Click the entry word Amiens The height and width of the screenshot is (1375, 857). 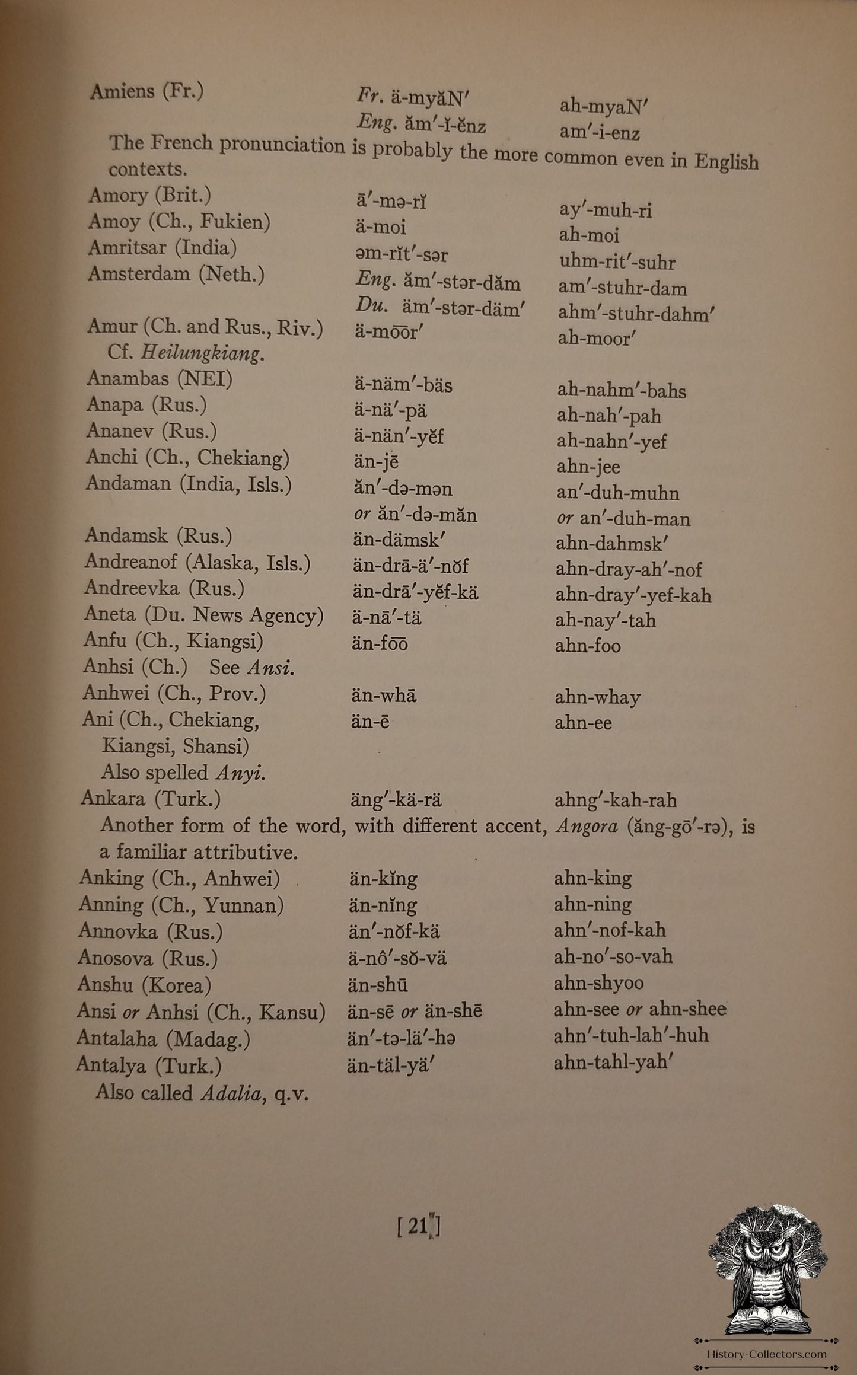(122, 91)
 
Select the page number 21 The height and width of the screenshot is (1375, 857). (418, 1226)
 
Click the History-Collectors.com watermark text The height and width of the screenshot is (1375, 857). (767, 1354)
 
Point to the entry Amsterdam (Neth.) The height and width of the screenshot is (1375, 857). (176, 274)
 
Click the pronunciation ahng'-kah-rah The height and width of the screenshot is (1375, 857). (615, 800)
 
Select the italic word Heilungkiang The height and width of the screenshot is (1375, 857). (202, 354)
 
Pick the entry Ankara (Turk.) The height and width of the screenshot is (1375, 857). (151, 799)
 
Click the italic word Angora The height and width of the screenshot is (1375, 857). (586, 827)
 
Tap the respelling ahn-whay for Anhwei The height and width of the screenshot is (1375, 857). (597, 697)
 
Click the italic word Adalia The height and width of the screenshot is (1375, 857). (230, 1092)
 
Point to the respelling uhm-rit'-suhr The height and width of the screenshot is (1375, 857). (617, 261)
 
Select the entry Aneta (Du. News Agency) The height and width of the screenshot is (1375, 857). (203, 614)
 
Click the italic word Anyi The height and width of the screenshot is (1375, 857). (240, 773)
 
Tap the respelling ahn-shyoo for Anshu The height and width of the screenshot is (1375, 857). (598, 982)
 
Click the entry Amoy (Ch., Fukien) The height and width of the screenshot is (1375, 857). (179, 222)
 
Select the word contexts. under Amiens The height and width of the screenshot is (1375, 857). (147, 169)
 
